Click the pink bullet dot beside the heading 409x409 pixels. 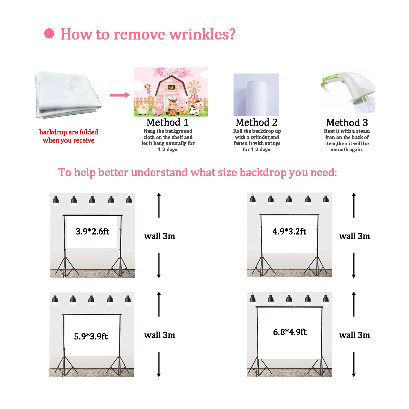point(49,34)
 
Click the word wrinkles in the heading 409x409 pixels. point(202,34)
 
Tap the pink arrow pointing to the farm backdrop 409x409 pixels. point(119,95)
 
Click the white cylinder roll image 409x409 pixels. point(256,95)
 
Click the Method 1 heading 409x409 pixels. point(167,122)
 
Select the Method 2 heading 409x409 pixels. point(257,122)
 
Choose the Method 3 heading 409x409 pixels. point(347,123)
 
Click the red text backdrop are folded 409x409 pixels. point(69,132)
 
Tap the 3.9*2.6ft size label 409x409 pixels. point(92,231)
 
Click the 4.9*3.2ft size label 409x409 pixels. point(289,231)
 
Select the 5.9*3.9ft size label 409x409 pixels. point(91,336)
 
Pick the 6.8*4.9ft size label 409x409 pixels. point(290,332)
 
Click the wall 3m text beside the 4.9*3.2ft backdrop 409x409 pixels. point(354,236)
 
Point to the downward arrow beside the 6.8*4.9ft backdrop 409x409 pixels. point(354,365)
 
